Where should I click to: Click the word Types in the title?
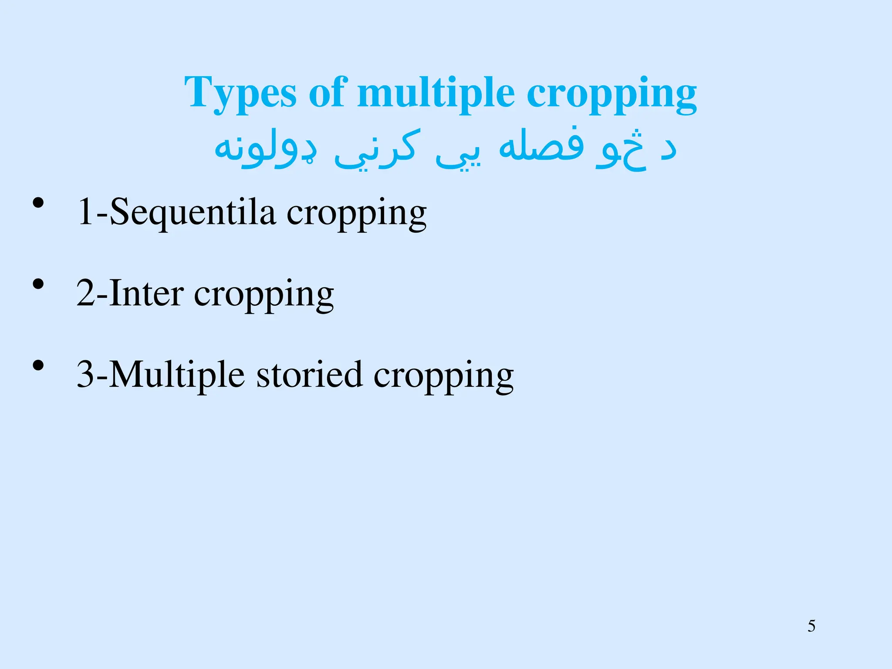click(x=240, y=93)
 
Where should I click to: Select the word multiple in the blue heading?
click(x=436, y=93)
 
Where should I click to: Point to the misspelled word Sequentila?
click(x=192, y=213)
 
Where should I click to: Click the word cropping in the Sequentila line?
click(x=356, y=213)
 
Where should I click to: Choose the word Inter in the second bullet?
click(x=146, y=294)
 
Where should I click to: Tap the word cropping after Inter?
click(x=264, y=295)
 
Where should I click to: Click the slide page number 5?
click(x=811, y=626)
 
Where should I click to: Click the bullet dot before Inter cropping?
click(x=38, y=284)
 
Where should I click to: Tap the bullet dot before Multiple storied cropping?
click(x=38, y=365)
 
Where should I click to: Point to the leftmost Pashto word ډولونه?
click(x=266, y=148)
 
